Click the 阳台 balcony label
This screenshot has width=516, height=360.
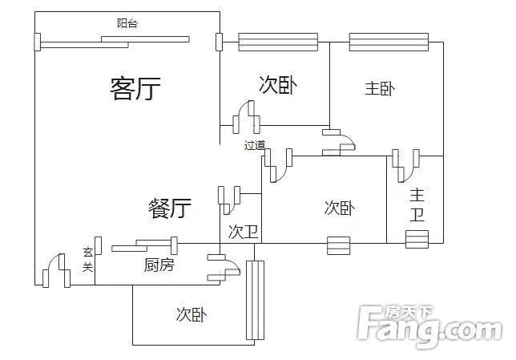coord(127,23)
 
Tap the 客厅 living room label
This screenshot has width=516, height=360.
coord(135,89)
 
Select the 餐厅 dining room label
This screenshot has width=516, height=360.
coord(170,208)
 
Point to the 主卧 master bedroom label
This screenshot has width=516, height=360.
coord(380,89)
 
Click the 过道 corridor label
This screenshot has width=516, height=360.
coord(254,145)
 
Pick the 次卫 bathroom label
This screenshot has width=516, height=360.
coord(244,232)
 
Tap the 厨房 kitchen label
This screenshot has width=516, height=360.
coord(159,265)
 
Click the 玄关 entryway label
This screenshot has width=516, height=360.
coord(88,260)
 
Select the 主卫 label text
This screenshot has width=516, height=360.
coord(417,204)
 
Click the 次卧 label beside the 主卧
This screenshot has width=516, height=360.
coord(278,85)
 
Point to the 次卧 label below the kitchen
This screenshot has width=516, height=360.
coord(191,314)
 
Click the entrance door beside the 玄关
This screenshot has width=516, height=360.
coord(56,270)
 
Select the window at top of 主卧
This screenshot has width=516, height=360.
coord(389,42)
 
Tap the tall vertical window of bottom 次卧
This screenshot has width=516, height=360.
coord(255,300)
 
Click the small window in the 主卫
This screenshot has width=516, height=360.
coord(417,239)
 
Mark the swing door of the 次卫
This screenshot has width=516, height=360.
coord(229,200)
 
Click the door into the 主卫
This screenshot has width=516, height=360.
coord(405,166)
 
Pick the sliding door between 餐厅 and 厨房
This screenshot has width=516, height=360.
coord(145,245)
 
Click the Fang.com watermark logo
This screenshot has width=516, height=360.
coord(429,326)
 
